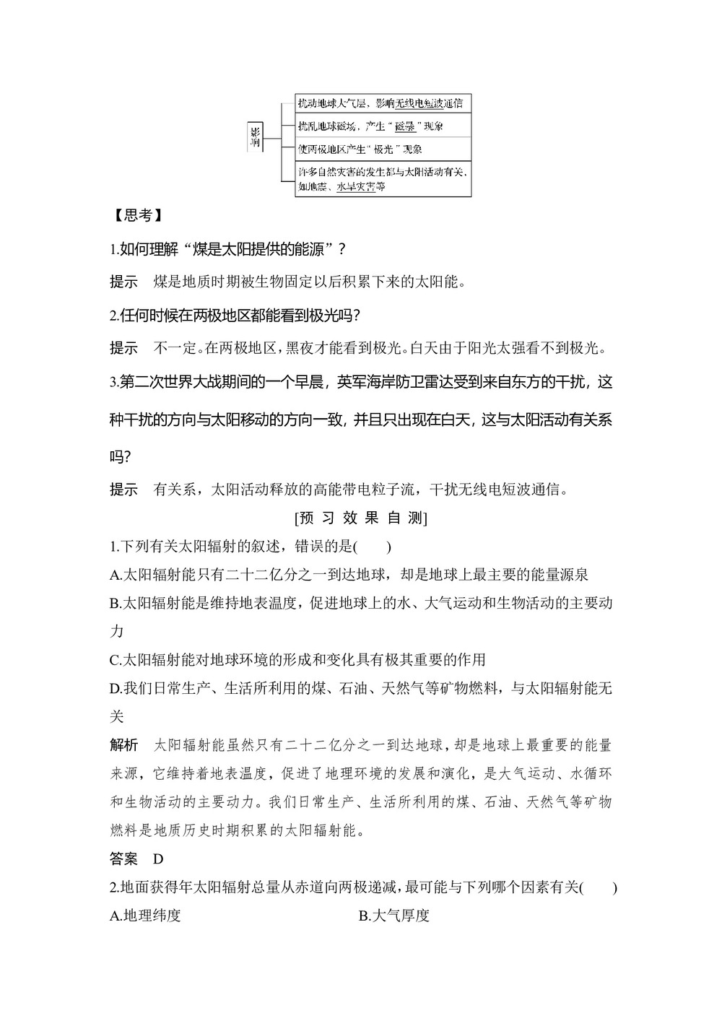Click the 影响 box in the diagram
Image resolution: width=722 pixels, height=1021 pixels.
coord(254,136)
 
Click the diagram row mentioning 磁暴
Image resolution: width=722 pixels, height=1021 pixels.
coord(383,126)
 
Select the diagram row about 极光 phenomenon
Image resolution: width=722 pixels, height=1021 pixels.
coord(383,149)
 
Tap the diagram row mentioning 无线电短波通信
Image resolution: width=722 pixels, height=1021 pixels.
coord(383,103)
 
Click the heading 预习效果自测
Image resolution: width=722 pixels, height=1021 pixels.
coord(361,518)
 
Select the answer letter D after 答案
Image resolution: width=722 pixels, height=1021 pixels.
coord(159,859)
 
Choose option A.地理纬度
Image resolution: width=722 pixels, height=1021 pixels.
coord(145,916)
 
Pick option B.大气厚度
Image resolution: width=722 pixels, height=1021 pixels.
coord(394,916)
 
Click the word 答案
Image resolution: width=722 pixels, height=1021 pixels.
coord(123,859)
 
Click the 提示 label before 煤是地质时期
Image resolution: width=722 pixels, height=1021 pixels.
coord(123,282)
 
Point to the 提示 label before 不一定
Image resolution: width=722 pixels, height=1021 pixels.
coord(123,349)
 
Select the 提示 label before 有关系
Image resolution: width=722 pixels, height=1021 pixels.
coord(123,490)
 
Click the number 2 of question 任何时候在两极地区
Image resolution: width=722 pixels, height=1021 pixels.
coord(113,316)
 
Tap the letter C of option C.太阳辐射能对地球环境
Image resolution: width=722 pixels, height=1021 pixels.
coord(114,660)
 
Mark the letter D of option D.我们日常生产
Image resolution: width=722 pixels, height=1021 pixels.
coord(114,688)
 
